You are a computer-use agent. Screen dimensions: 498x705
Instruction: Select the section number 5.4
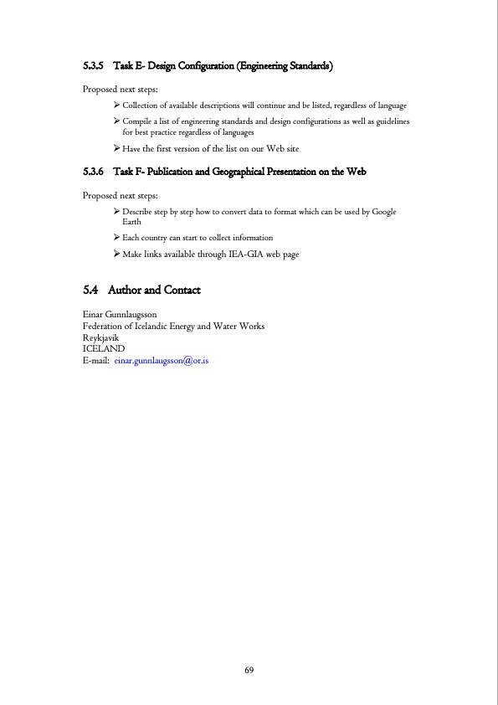91,291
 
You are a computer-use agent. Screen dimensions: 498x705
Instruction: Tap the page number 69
249,671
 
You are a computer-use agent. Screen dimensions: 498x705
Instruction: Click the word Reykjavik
100,337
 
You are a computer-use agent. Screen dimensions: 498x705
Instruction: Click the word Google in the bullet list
383,212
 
